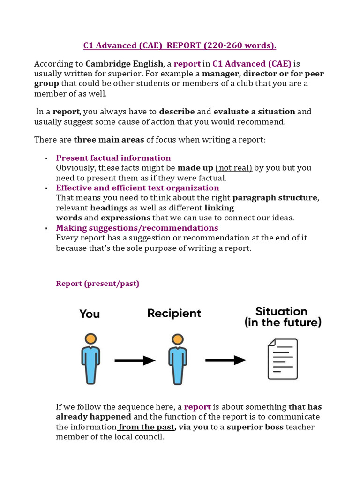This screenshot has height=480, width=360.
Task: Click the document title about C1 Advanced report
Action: (180, 45)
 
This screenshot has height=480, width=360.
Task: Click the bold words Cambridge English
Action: (124, 64)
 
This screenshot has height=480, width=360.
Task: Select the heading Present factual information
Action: (113, 158)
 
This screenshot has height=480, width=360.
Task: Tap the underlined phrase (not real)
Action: (234, 168)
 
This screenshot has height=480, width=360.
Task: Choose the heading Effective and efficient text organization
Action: (137, 188)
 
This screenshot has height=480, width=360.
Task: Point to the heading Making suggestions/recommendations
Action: (137, 228)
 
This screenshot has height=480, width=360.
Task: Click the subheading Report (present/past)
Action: (97, 284)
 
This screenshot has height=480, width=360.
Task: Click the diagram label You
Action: (90, 314)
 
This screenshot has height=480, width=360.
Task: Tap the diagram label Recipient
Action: (174, 314)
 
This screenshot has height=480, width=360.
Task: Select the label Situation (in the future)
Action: (282, 317)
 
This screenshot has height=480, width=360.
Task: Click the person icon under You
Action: (91, 358)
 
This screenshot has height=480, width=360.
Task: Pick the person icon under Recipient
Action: (177, 358)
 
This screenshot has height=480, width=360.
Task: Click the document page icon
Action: (282, 359)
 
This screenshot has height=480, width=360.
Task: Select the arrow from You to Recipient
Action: (135, 360)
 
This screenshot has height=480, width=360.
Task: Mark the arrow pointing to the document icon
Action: (225, 360)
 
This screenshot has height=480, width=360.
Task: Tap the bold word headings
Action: (109, 208)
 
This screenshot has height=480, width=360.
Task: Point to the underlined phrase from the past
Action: (146, 427)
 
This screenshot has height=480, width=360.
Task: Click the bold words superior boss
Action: (255, 427)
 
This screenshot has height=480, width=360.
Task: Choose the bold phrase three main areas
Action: (109, 139)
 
